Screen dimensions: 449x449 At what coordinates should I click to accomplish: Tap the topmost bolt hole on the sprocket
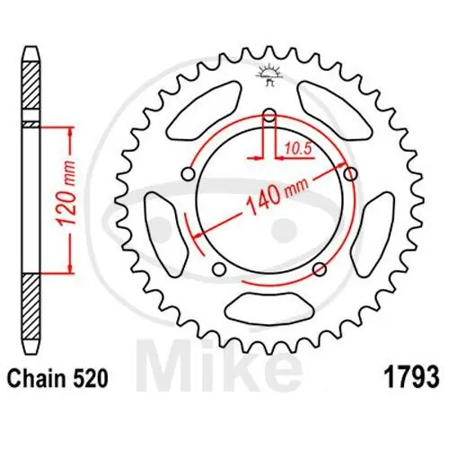pyautogui.click(x=269, y=115)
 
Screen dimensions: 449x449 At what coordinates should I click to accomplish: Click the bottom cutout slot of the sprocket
pyautogui.click(x=268, y=310)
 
